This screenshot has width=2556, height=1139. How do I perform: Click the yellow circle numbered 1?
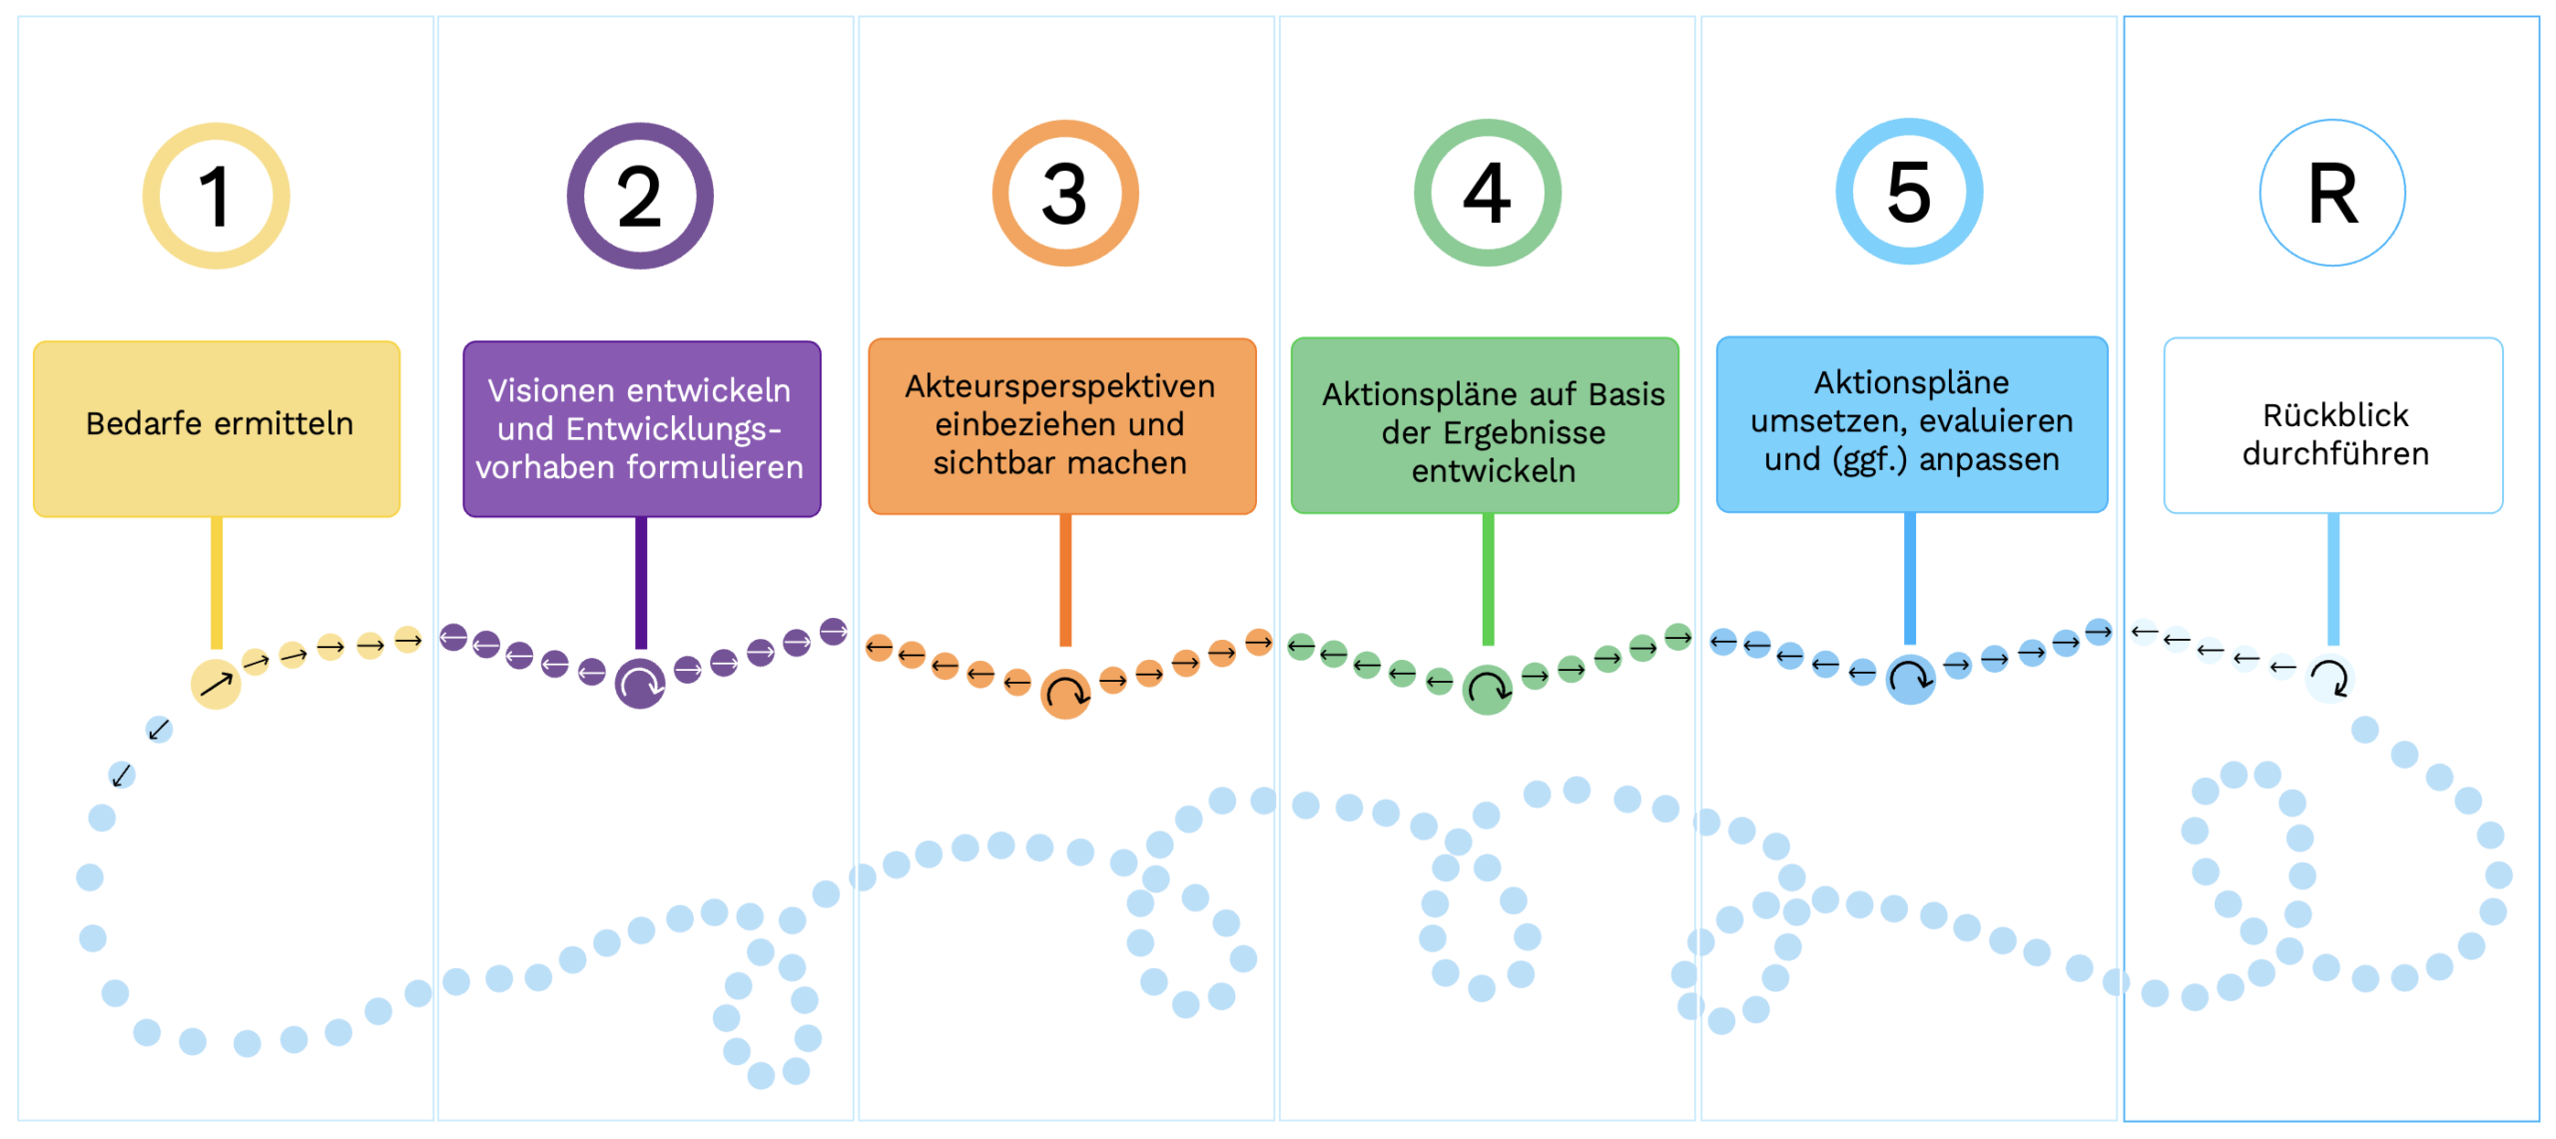click(216, 196)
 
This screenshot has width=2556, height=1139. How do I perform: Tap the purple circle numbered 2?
click(640, 196)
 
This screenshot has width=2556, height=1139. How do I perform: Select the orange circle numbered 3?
click(1064, 194)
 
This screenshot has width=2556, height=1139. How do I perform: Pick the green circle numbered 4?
click(1487, 193)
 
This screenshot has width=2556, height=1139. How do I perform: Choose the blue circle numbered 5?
click(1909, 192)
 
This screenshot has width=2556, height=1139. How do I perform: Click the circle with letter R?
click(2332, 193)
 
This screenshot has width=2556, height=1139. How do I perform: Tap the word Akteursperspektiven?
click(1059, 386)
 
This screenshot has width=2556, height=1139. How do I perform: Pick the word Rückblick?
click(2334, 415)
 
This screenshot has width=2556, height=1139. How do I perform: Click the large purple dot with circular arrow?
click(640, 684)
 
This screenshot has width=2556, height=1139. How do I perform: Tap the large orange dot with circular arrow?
click(1065, 694)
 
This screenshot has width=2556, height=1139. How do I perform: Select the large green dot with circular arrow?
click(1487, 690)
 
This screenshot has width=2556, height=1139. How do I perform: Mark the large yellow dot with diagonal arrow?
click(216, 684)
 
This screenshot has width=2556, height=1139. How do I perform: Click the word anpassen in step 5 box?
click(1989, 459)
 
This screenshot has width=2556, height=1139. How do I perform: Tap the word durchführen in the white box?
click(2334, 454)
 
